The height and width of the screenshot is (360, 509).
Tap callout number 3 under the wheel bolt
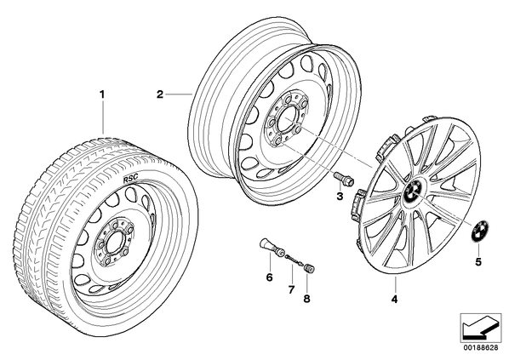click(x=340, y=197)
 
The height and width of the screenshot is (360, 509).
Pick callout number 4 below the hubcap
click(x=394, y=300)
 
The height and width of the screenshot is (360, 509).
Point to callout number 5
click(x=478, y=261)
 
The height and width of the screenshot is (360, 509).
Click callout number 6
click(x=269, y=277)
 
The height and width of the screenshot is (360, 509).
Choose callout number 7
click(x=291, y=289)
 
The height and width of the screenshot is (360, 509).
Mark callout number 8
click(x=306, y=299)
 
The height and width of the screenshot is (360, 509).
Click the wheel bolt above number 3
click(x=343, y=179)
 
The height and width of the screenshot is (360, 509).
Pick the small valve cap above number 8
click(x=309, y=269)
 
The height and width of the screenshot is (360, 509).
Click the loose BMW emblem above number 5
click(x=480, y=231)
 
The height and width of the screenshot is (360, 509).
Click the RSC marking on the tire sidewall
click(x=130, y=178)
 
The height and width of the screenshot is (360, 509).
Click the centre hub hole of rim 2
click(x=287, y=115)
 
